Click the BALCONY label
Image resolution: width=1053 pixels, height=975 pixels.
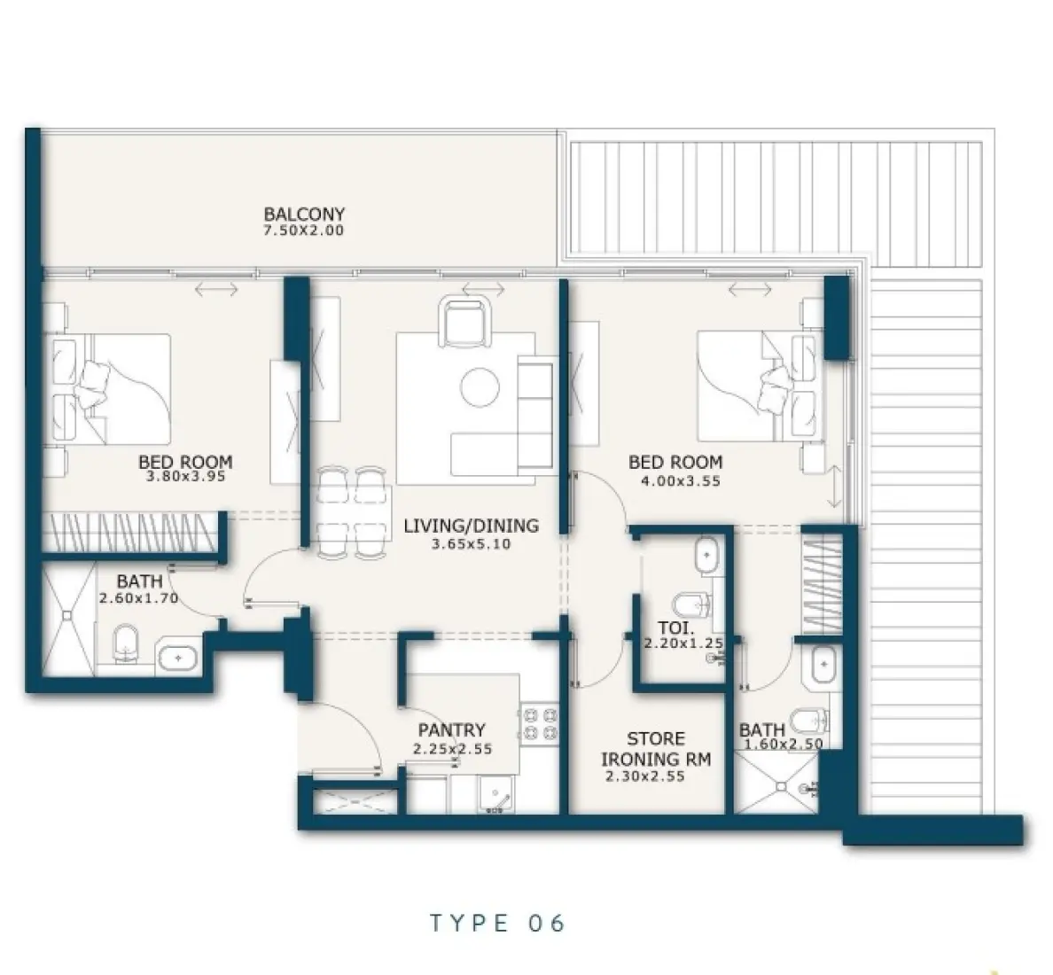click(x=303, y=214)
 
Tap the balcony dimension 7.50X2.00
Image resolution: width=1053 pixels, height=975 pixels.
click(x=303, y=230)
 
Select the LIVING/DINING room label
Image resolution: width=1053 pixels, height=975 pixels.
click(x=471, y=526)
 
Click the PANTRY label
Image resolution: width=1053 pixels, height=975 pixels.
click(x=451, y=730)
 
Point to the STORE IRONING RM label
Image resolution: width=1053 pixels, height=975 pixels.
click(x=656, y=749)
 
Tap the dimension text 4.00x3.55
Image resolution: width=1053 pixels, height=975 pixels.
click(x=680, y=482)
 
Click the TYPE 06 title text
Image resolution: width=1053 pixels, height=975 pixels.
click(x=497, y=923)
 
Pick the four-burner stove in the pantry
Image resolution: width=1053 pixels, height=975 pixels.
click(x=540, y=721)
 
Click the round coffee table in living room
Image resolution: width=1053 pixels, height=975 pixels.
click(x=480, y=387)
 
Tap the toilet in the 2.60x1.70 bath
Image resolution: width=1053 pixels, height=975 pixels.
click(x=127, y=645)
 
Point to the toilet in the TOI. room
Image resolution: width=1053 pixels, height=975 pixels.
click(x=691, y=606)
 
